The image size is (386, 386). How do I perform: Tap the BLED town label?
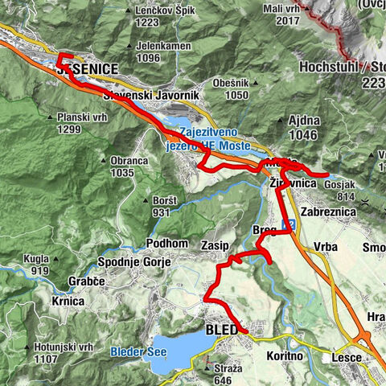tap(223, 329)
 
